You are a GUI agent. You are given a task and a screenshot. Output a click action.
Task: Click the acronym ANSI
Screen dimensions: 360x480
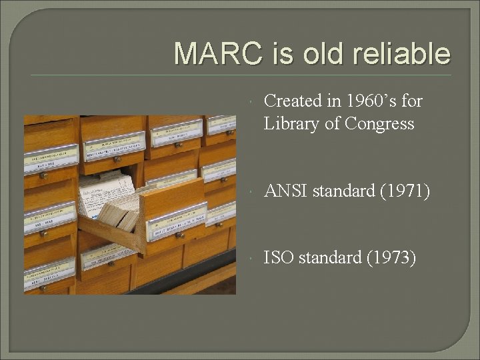pyautogui.click(x=286, y=191)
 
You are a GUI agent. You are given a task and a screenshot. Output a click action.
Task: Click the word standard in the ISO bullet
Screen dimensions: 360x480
pyautogui.click(x=331, y=257)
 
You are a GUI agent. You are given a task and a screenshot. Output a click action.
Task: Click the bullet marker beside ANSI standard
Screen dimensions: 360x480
pyautogui.click(x=249, y=192)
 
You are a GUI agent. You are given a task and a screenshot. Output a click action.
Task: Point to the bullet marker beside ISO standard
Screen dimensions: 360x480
pyautogui.click(x=249, y=257)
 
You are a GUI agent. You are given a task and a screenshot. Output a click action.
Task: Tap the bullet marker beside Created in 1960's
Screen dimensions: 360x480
pyautogui.click(x=249, y=101)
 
